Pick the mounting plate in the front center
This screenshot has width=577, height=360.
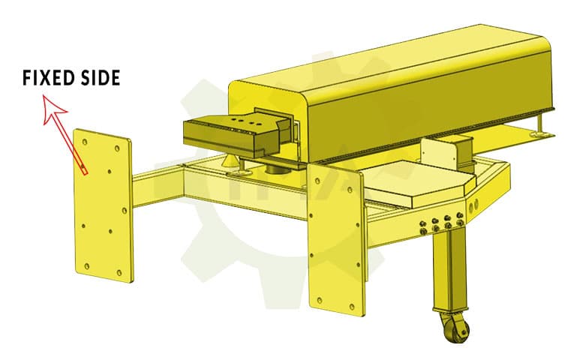click(x=335, y=235)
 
